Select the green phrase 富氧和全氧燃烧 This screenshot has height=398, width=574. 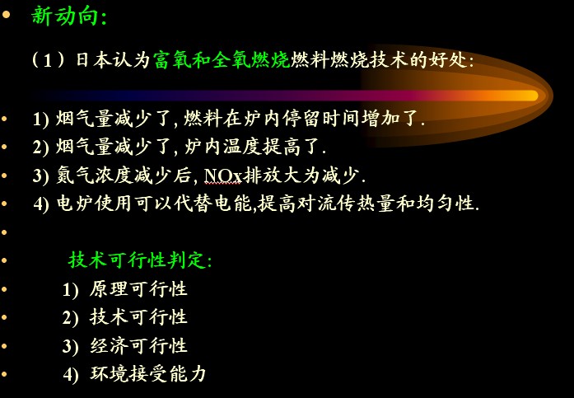(x=222, y=59)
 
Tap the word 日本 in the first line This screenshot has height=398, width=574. (x=93, y=59)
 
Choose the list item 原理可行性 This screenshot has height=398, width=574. (x=138, y=288)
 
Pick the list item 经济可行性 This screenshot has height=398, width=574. (x=138, y=345)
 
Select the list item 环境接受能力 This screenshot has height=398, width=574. (x=148, y=374)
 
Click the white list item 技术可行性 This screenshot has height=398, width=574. (x=138, y=317)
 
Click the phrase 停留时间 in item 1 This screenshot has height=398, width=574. (x=320, y=119)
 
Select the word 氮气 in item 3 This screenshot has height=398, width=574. (x=75, y=176)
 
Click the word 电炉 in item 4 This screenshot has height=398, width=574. (x=75, y=204)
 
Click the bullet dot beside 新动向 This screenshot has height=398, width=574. (x=6, y=15)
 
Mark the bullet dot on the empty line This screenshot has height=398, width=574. (x=4, y=232)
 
